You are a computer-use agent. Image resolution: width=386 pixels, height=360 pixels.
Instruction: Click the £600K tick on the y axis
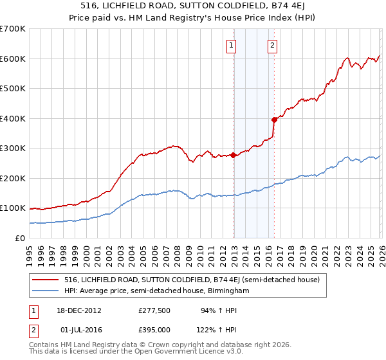[x=12, y=59]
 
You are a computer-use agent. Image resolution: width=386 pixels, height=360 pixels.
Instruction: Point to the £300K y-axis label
[x=12, y=148]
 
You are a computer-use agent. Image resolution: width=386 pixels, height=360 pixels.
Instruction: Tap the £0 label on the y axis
[x=19, y=239]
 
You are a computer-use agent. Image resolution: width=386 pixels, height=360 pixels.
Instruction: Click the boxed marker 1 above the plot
[x=231, y=45]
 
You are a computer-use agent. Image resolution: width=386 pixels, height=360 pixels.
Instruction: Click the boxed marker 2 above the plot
[x=273, y=45]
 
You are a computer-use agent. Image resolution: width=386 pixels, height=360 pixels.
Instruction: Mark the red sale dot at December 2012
[x=234, y=155]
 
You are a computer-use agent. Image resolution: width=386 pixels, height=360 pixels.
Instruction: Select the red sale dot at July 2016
[x=274, y=120]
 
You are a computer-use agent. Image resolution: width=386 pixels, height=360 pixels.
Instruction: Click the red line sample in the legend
[x=46, y=280]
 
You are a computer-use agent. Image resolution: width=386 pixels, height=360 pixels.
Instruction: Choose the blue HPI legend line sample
[x=46, y=291]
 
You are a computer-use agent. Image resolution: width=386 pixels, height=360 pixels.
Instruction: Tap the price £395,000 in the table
[x=154, y=329]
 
